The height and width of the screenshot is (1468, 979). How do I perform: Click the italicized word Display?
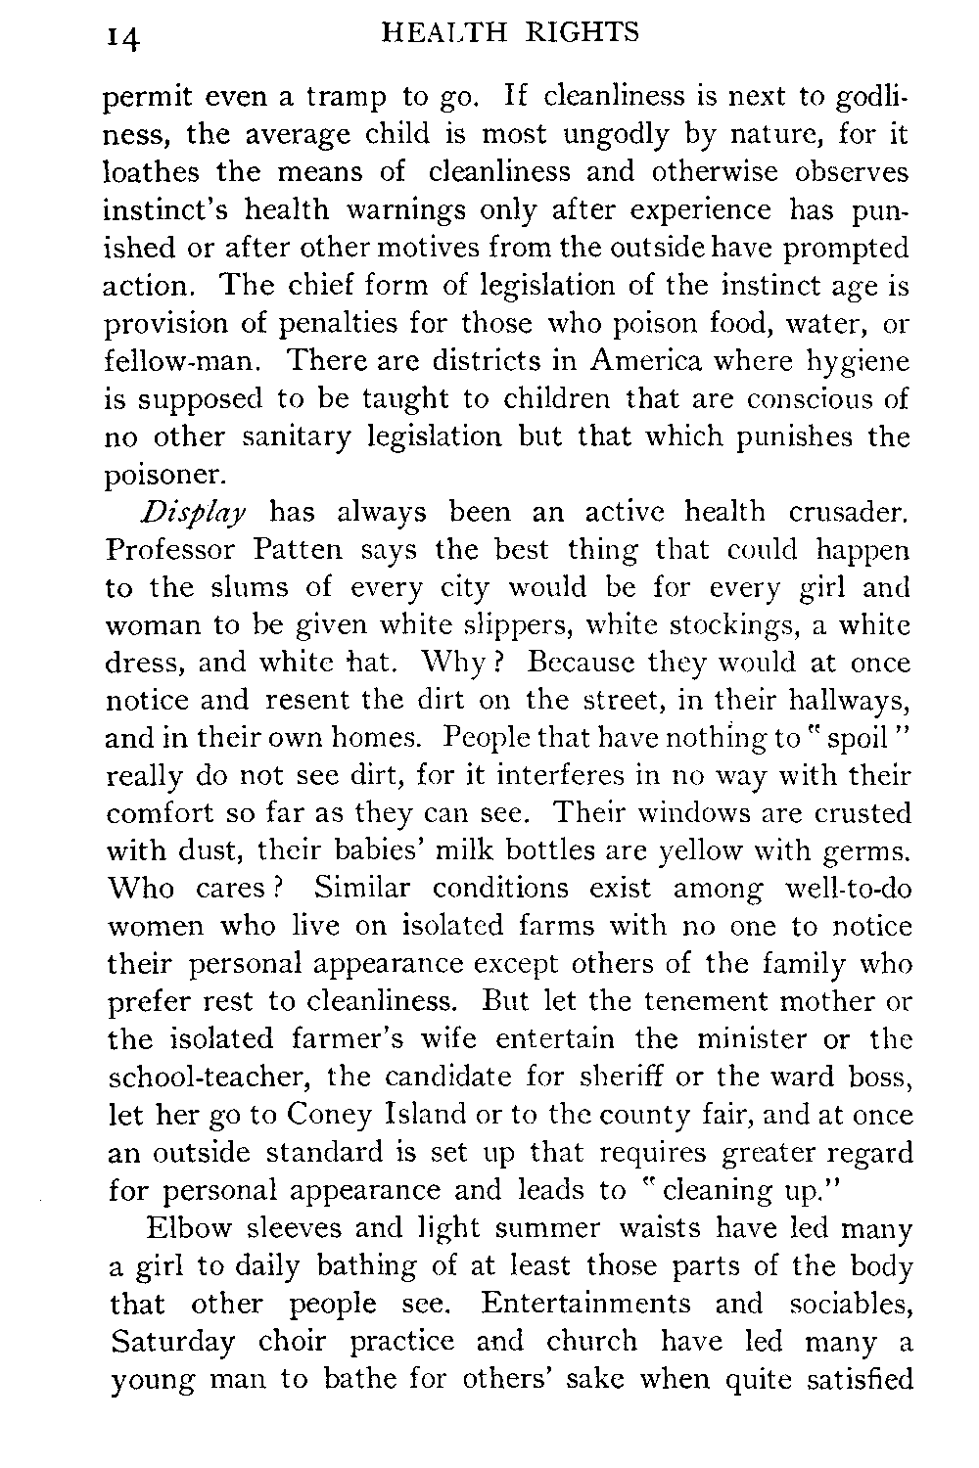click(x=195, y=514)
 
